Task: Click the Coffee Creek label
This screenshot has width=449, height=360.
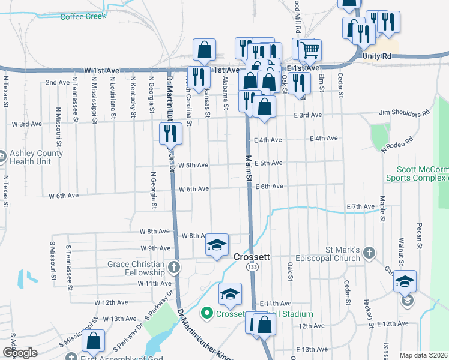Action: coord(83,16)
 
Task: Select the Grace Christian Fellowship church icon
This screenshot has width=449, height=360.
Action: coord(174,267)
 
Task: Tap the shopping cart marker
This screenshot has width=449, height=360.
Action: coord(310,50)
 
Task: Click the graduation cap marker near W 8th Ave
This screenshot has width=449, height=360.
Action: coord(217,245)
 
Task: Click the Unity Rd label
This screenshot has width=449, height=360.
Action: coord(377,56)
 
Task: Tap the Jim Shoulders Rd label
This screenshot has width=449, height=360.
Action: coord(405,112)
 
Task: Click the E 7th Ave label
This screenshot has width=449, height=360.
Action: coord(360,206)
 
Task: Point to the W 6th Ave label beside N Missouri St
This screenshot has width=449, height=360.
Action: coord(64,196)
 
